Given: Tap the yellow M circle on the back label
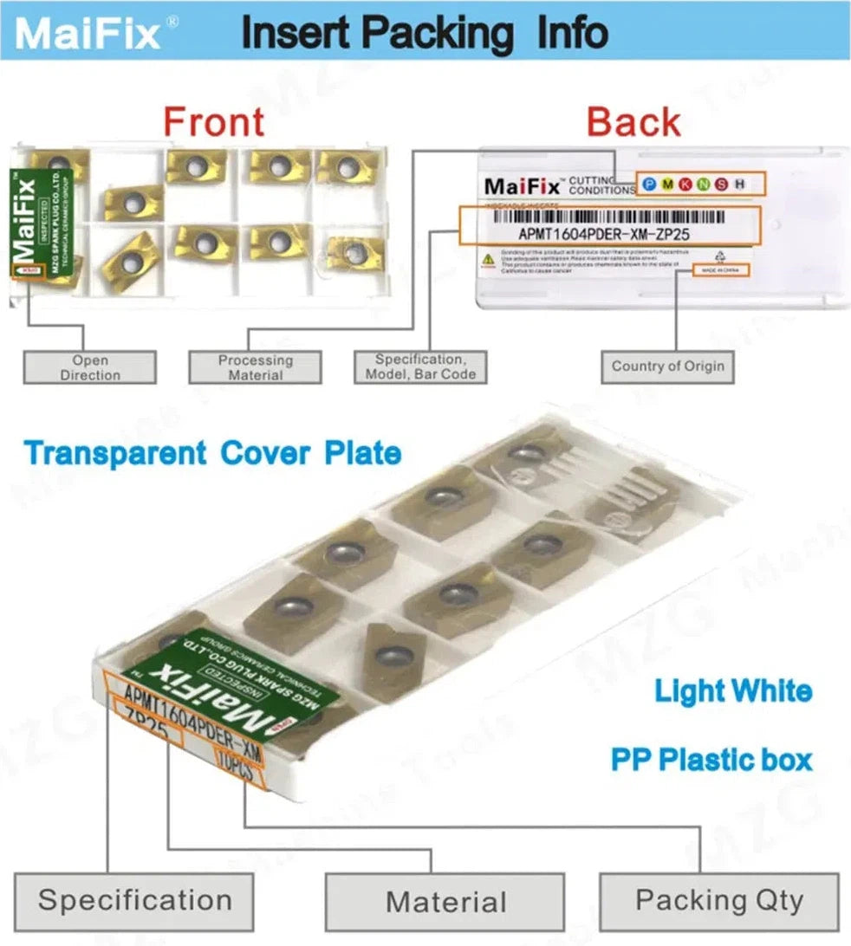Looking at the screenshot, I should (665, 184).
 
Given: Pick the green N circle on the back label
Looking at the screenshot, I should (702, 184).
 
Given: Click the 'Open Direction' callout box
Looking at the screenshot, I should (90, 367).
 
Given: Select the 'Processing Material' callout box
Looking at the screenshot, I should (256, 367).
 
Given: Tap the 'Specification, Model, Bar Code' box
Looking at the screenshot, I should (419, 366).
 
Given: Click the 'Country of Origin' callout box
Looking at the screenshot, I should (667, 366).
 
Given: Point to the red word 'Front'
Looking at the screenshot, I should (214, 121).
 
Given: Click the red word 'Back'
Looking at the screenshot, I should (633, 121).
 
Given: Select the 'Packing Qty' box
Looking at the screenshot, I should (719, 901).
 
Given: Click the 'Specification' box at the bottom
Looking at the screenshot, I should (134, 900).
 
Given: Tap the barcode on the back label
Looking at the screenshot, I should (607, 216).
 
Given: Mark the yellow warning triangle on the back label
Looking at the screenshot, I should (489, 257).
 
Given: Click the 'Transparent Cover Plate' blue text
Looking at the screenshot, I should (212, 453).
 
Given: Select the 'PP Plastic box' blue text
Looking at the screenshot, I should (711, 761).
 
